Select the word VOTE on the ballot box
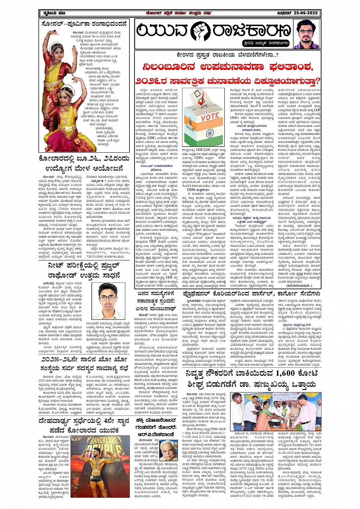click(210, 116)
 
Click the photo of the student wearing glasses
click(108, 301)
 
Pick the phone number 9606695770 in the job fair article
click(97, 242)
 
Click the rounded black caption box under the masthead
click(266, 43)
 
